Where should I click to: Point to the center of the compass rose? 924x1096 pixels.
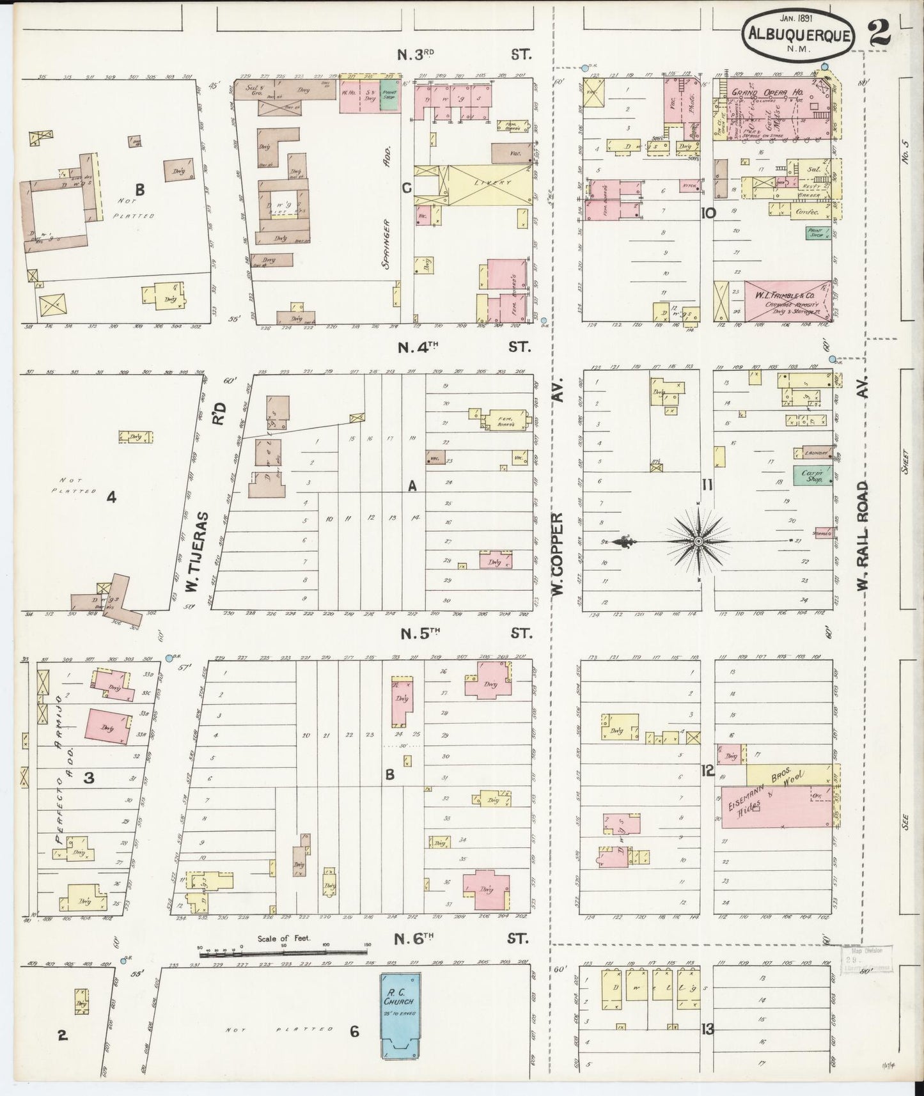click(x=699, y=541)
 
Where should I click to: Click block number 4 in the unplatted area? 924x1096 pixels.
click(x=111, y=497)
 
